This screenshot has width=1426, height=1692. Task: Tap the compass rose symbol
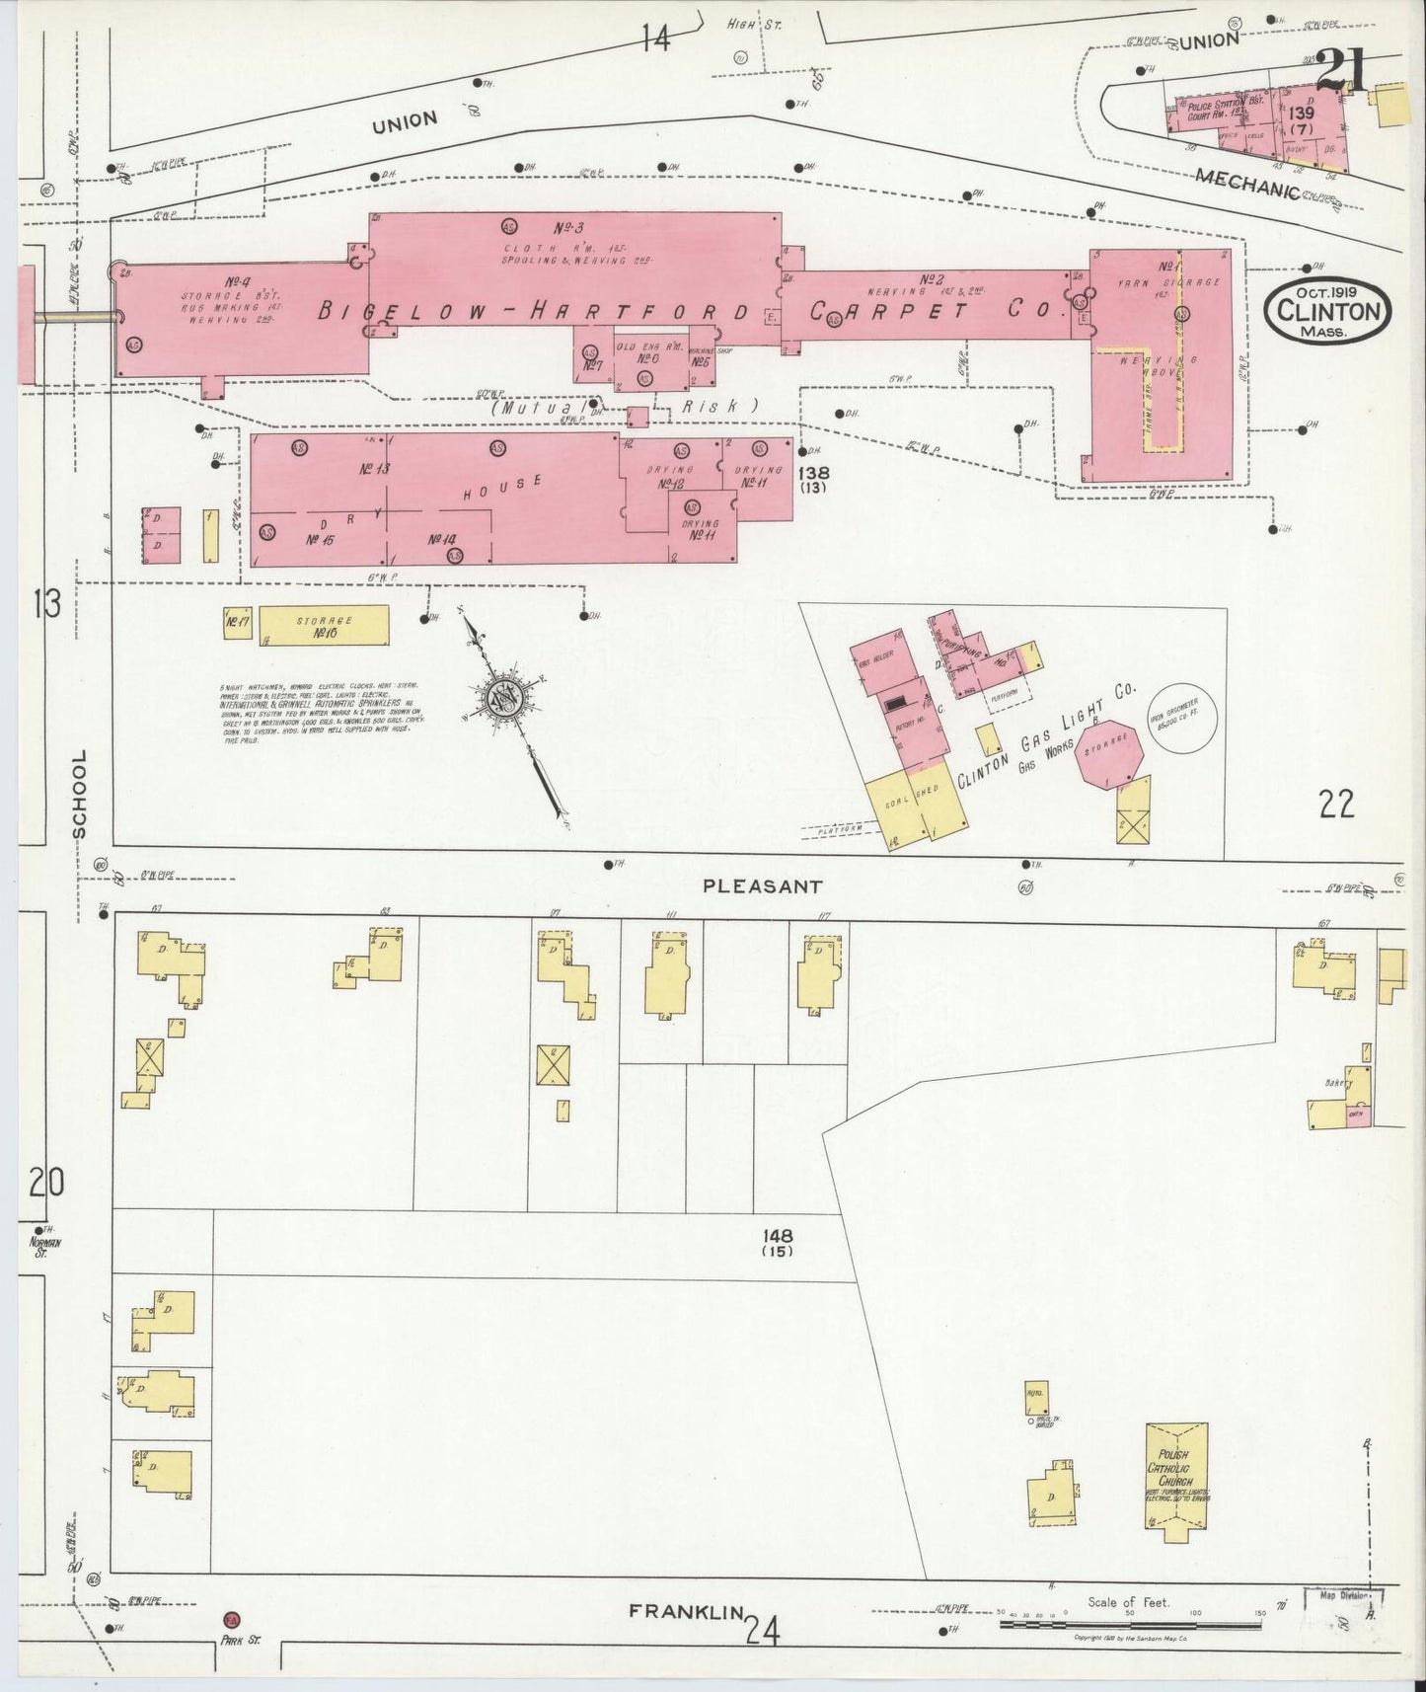tap(505, 699)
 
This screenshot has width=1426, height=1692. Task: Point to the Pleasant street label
tap(762, 886)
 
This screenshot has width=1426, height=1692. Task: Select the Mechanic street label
tap(1245, 183)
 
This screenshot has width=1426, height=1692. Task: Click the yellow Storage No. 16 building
tap(326, 625)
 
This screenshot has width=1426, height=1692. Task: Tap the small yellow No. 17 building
tap(237, 624)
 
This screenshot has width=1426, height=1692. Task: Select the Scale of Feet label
tap(1128, 1602)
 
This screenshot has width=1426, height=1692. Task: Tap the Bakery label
tap(1337, 1083)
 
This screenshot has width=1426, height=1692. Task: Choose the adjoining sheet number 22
tap(1337, 806)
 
